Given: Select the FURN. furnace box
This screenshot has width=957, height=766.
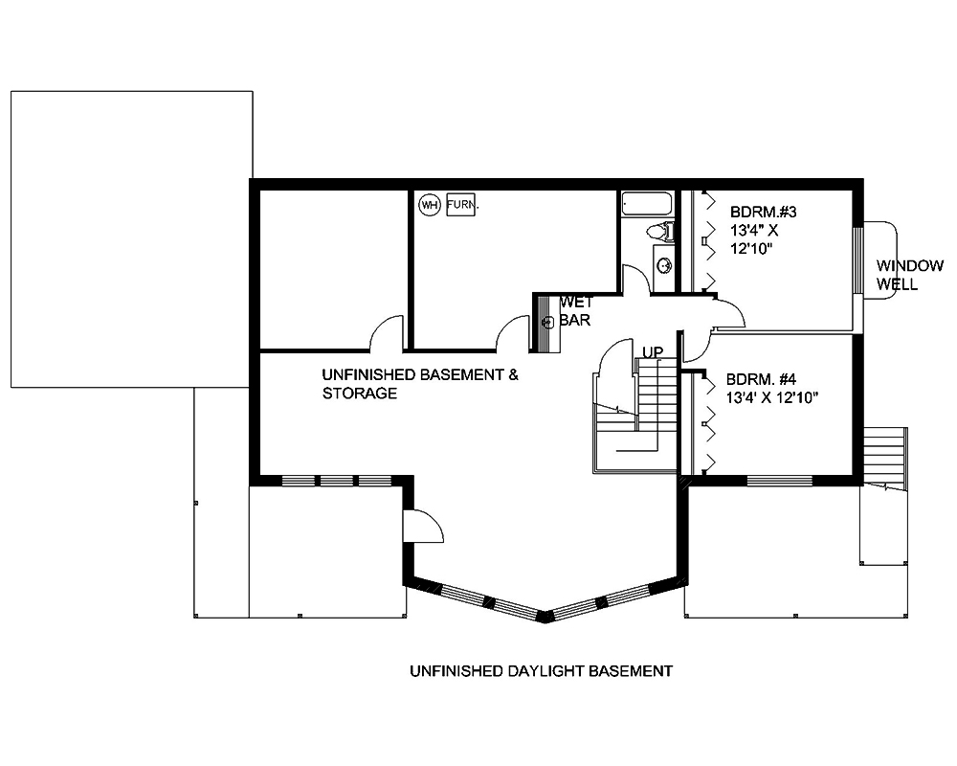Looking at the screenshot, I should coord(461,204).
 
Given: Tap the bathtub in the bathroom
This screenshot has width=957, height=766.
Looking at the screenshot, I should coord(648,204).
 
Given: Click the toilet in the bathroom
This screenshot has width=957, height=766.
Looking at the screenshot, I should coord(659,232).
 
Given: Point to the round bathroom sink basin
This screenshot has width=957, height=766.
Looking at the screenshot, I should coord(662,264).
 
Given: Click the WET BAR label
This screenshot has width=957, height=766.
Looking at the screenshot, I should coord(576,311).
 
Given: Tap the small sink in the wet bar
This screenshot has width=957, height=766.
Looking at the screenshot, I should coord(549,323).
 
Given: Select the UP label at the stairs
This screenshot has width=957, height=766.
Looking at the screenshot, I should coord(653,352).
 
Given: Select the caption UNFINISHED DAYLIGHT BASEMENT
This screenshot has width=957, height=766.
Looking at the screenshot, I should coord(541,671).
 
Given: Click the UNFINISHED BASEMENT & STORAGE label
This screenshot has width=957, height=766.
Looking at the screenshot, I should coord(420,384).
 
